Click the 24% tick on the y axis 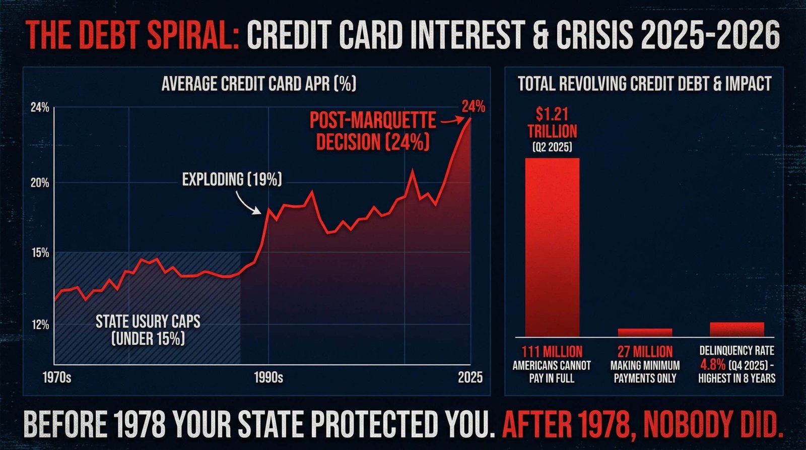40,107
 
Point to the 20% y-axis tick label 40,183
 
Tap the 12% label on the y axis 40,325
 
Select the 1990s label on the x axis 268,377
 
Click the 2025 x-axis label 469,377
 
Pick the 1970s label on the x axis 57,377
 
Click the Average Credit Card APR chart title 258,84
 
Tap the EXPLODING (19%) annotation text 232,179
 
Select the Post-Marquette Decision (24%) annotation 372,132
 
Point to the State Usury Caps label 148,329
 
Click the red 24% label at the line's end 473,107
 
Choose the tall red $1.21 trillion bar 552,247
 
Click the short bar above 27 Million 645,332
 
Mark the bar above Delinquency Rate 736,329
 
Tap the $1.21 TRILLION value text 552,123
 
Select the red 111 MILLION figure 552,352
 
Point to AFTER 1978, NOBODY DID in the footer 642,425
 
